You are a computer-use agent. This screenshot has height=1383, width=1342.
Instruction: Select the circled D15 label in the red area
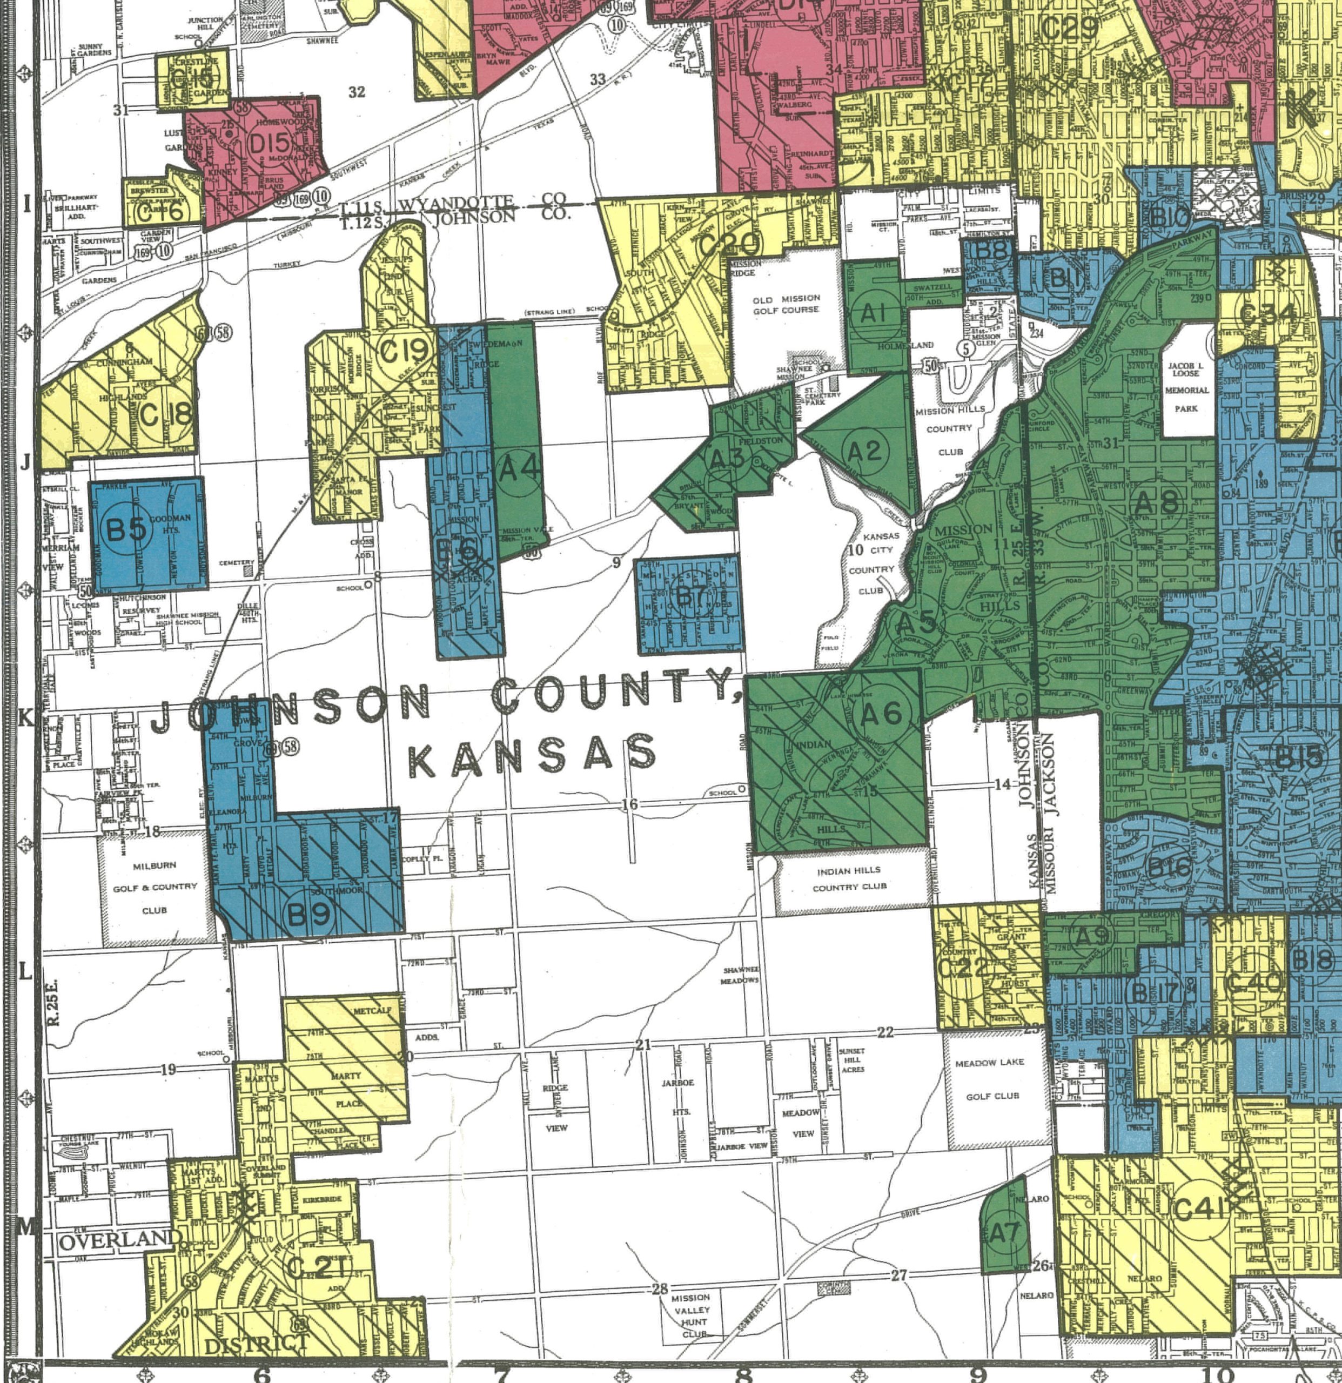(x=270, y=144)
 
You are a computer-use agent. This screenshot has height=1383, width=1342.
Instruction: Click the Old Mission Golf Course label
(x=786, y=304)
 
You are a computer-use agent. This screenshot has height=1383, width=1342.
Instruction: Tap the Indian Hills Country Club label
(x=849, y=879)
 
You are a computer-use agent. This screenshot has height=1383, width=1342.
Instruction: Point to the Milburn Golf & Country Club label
(x=155, y=887)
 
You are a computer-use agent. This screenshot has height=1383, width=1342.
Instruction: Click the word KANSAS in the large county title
(x=533, y=757)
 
